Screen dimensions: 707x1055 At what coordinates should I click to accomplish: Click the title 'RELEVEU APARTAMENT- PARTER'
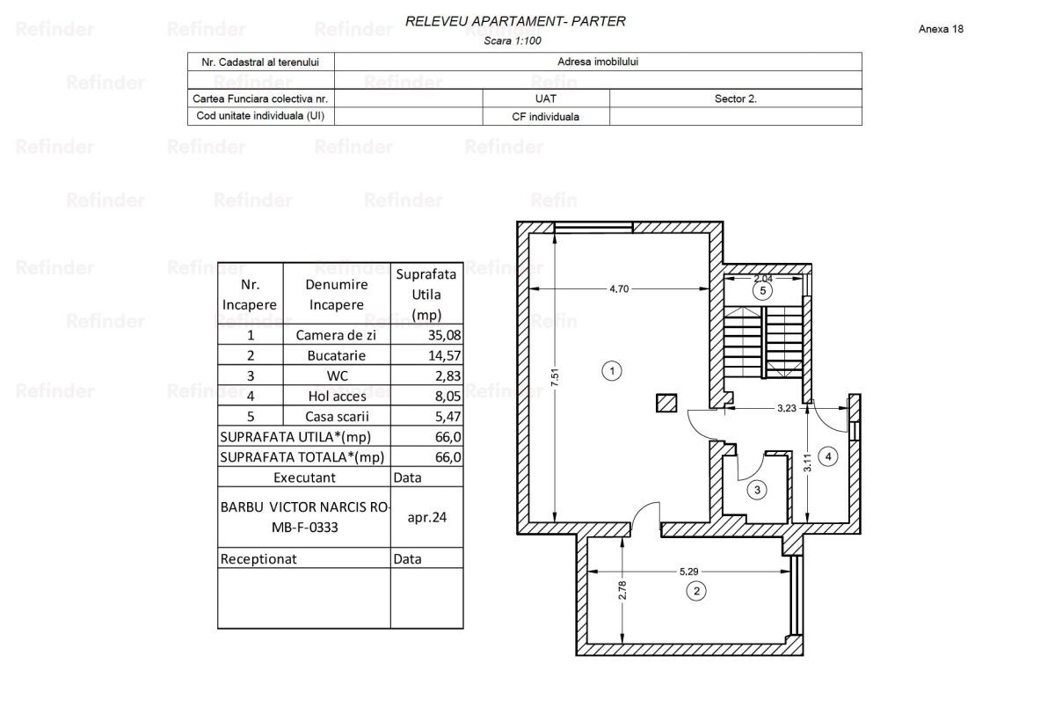click(515, 21)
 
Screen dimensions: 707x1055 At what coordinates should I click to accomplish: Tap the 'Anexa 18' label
click(941, 29)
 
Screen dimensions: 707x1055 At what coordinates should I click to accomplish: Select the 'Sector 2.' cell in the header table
click(735, 99)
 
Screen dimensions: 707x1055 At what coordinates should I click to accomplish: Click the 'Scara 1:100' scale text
click(514, 40)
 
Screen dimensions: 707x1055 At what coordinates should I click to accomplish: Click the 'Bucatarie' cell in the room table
click(336, 355)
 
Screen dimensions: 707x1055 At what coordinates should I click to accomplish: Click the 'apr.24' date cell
click(427, 517)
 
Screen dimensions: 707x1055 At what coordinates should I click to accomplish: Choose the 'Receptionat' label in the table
click(258, 558)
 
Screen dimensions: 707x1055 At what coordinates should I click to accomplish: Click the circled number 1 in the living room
click(614, 371)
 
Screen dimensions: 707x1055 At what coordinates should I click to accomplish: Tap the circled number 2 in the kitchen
click(696, 591)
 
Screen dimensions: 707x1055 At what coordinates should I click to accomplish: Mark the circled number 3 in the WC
click(756, 489)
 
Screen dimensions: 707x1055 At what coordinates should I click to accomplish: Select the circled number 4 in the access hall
click(827, 456)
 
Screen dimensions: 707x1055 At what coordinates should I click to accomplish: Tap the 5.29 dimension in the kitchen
click(689, 572)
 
